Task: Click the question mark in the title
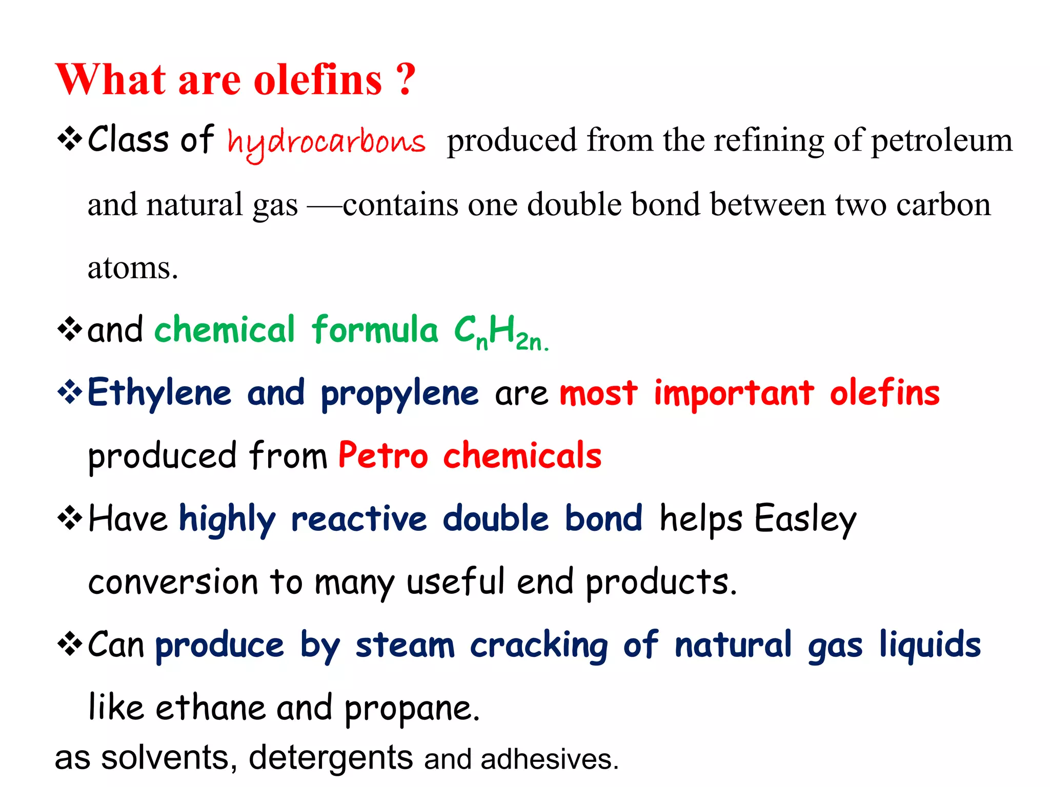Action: point(406,79)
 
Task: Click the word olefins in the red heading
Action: point(318,79)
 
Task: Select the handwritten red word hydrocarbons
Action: point(326,142)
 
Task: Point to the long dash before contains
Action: point(324,207)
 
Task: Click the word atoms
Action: point(132,268)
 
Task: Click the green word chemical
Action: point(225,329)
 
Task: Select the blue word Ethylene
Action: point(159,393)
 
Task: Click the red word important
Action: point(734,393)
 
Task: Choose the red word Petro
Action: point(382,455)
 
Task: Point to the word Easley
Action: point(805,519)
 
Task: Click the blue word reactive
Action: point(358,519)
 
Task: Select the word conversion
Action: point(173,582)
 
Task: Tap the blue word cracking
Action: point(539,646)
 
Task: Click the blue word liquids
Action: point(930,645)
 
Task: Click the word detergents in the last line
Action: point(331,758)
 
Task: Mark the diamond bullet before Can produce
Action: point(70,645)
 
